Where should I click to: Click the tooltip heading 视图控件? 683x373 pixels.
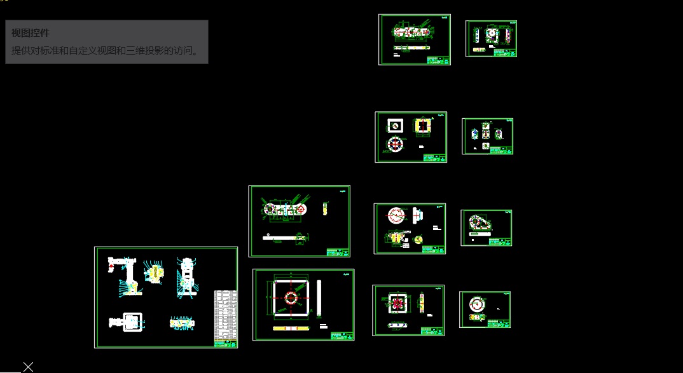[x=30, y=33]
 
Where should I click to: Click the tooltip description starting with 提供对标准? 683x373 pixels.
[x=106, y=50]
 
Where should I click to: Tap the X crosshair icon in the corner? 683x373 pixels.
[x=28, y=366]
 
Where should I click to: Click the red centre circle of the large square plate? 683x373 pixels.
[x=291, y=297]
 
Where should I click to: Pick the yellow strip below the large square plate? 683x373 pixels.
[x=291, y=328]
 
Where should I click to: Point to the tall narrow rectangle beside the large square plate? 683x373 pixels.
[x=319, y=297]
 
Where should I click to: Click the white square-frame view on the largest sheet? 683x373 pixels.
[x=132, y=322]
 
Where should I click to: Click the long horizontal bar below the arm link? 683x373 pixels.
[x=284, y=238]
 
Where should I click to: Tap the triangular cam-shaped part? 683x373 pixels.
[x=479, y=222]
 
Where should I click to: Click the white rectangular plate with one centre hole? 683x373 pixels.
[x=395, y=125]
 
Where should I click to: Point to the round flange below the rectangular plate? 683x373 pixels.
[x=395, y=144]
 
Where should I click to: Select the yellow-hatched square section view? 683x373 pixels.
[x=422, y=126]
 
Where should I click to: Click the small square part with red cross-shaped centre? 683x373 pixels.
[x=397, y=303]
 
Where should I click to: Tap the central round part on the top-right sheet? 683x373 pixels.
[x=491, y=34]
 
